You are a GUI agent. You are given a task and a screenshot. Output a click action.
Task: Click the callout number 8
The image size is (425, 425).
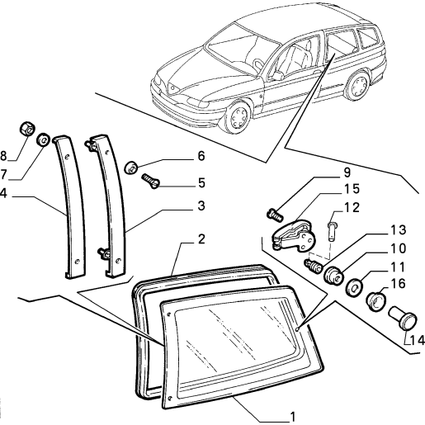tap(3, 156)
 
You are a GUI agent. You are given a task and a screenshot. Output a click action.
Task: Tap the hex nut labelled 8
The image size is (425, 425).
tap(28, 129)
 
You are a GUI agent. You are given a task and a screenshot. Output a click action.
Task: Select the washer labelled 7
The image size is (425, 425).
tap(43, 139)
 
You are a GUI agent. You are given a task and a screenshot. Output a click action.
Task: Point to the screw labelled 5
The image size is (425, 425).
tap(151, 181)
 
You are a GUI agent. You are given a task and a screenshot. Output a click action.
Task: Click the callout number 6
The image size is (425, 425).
tap(201, 156)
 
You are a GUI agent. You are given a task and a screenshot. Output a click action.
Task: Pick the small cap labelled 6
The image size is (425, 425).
tap(131, 168)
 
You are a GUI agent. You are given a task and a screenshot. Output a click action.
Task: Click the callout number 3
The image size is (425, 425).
tap(201, 205)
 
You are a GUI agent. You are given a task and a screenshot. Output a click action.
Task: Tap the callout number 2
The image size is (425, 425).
tap(201, 239)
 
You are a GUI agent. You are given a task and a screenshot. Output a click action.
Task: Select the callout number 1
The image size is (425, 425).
tap(293, 417)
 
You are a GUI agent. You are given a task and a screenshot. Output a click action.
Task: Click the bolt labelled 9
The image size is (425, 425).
tap(275, 215)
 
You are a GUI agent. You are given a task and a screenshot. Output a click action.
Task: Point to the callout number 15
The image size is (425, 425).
tap(352, 189)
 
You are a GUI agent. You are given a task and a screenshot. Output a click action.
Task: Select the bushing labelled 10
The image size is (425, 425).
tap(334, 274)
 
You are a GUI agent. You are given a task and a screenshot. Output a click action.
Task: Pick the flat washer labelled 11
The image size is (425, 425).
tap(354, 287)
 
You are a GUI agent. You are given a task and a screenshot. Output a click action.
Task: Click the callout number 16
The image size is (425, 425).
tap(398, 283)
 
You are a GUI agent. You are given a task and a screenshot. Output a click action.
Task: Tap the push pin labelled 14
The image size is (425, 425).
tap(403, 318)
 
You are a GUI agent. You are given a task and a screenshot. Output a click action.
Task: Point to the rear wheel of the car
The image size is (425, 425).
tap(357, 86)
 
